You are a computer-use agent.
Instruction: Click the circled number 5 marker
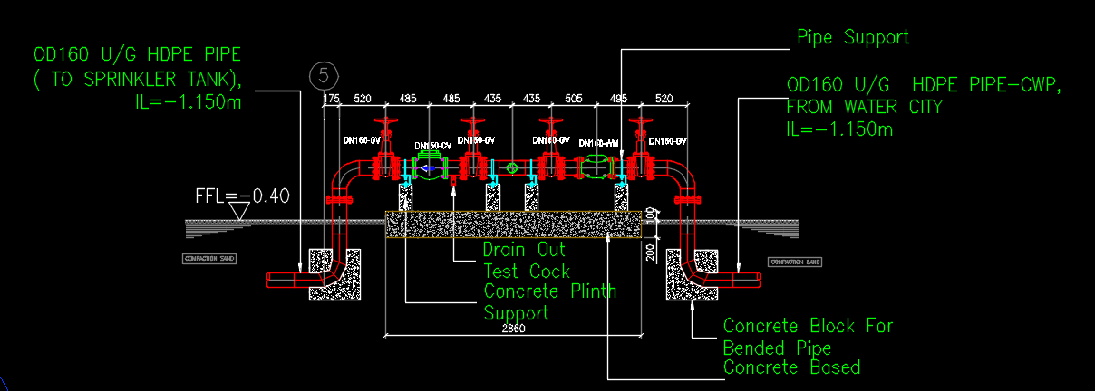pyautogui.click(x=322, y=75)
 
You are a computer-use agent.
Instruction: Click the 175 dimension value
pyautogui.click(x=331, y=98)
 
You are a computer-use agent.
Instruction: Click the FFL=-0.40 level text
pyautogui.click(x=242, y=195)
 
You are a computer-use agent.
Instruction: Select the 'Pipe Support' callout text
pyautogui.click(x=852, y=37)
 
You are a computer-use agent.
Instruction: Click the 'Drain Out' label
pyautogui.click(x=524, y=250)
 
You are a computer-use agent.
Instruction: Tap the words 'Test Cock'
pyautogui.click(x=527, y=271)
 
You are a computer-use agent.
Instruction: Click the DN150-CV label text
pyautogui.click(x=432, y=146)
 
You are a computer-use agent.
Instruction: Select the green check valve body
pyautogui.click(x=429, y=167)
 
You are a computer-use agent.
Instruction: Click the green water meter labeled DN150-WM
pyautogui.click(x=596, y=167)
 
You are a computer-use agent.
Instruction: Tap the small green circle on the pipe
pyautogui.click(x=512, y=167)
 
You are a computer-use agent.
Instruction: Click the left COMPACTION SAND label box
pyautogui.click(x=210, y=259)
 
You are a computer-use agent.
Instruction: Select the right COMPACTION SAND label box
pyautogui.click(x=794, y=262)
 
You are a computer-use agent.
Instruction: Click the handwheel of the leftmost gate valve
pyautogui.click(x=387, y=120)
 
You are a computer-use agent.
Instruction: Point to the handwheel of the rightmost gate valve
pyautogui.click(x=643, y=120)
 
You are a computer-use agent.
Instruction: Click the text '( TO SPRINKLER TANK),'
pyautogui.click(x=135, y=78)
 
